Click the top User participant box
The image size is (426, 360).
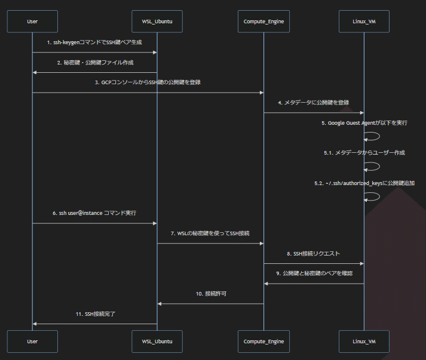(x=32, y=21)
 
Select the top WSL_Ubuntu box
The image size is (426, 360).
(x=157, y=21)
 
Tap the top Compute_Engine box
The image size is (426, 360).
(x=263, y=21)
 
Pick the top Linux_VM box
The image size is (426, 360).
(x=364, y=21)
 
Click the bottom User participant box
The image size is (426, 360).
(x=32, y=341)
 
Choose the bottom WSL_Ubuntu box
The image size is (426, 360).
(x=157, y=341)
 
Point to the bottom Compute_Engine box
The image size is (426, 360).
(x=263, y=341)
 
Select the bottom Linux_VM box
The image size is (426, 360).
(x=364, y=341)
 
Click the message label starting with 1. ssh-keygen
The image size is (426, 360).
(x=94, y=42)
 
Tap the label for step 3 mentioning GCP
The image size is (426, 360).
(x=148, y=82)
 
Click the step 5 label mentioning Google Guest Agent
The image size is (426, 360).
(x=364, y=122)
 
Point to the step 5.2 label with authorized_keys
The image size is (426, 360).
(x=364, y=183)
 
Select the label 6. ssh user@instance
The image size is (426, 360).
(x=94, y=213)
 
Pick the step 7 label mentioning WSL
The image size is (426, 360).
(x=210, y=233)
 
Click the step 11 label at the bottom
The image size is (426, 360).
(x=94, y=313)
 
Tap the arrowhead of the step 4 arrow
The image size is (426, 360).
(x=361, y=112)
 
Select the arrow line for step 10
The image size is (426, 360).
(x=210, y=303)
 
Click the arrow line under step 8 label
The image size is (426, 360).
(x=314, y=263)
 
